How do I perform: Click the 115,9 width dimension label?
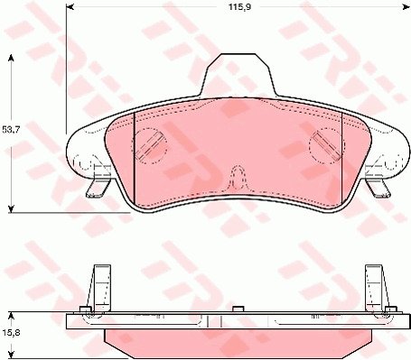pyautogui.click(x=239, y=6)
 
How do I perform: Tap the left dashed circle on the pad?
pyautogui.click(x=150, y=146)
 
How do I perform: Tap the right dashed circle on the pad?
pyautogui.click(x=327, y=145)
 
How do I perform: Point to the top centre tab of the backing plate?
pyautogui.click(x=238, y=75)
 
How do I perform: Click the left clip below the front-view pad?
pyautogui.click(x=98, y=188)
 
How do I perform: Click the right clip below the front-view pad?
pyautogui.click(x=378, y=188)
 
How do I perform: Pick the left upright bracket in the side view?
pyautogui.click(x=99, y=288)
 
